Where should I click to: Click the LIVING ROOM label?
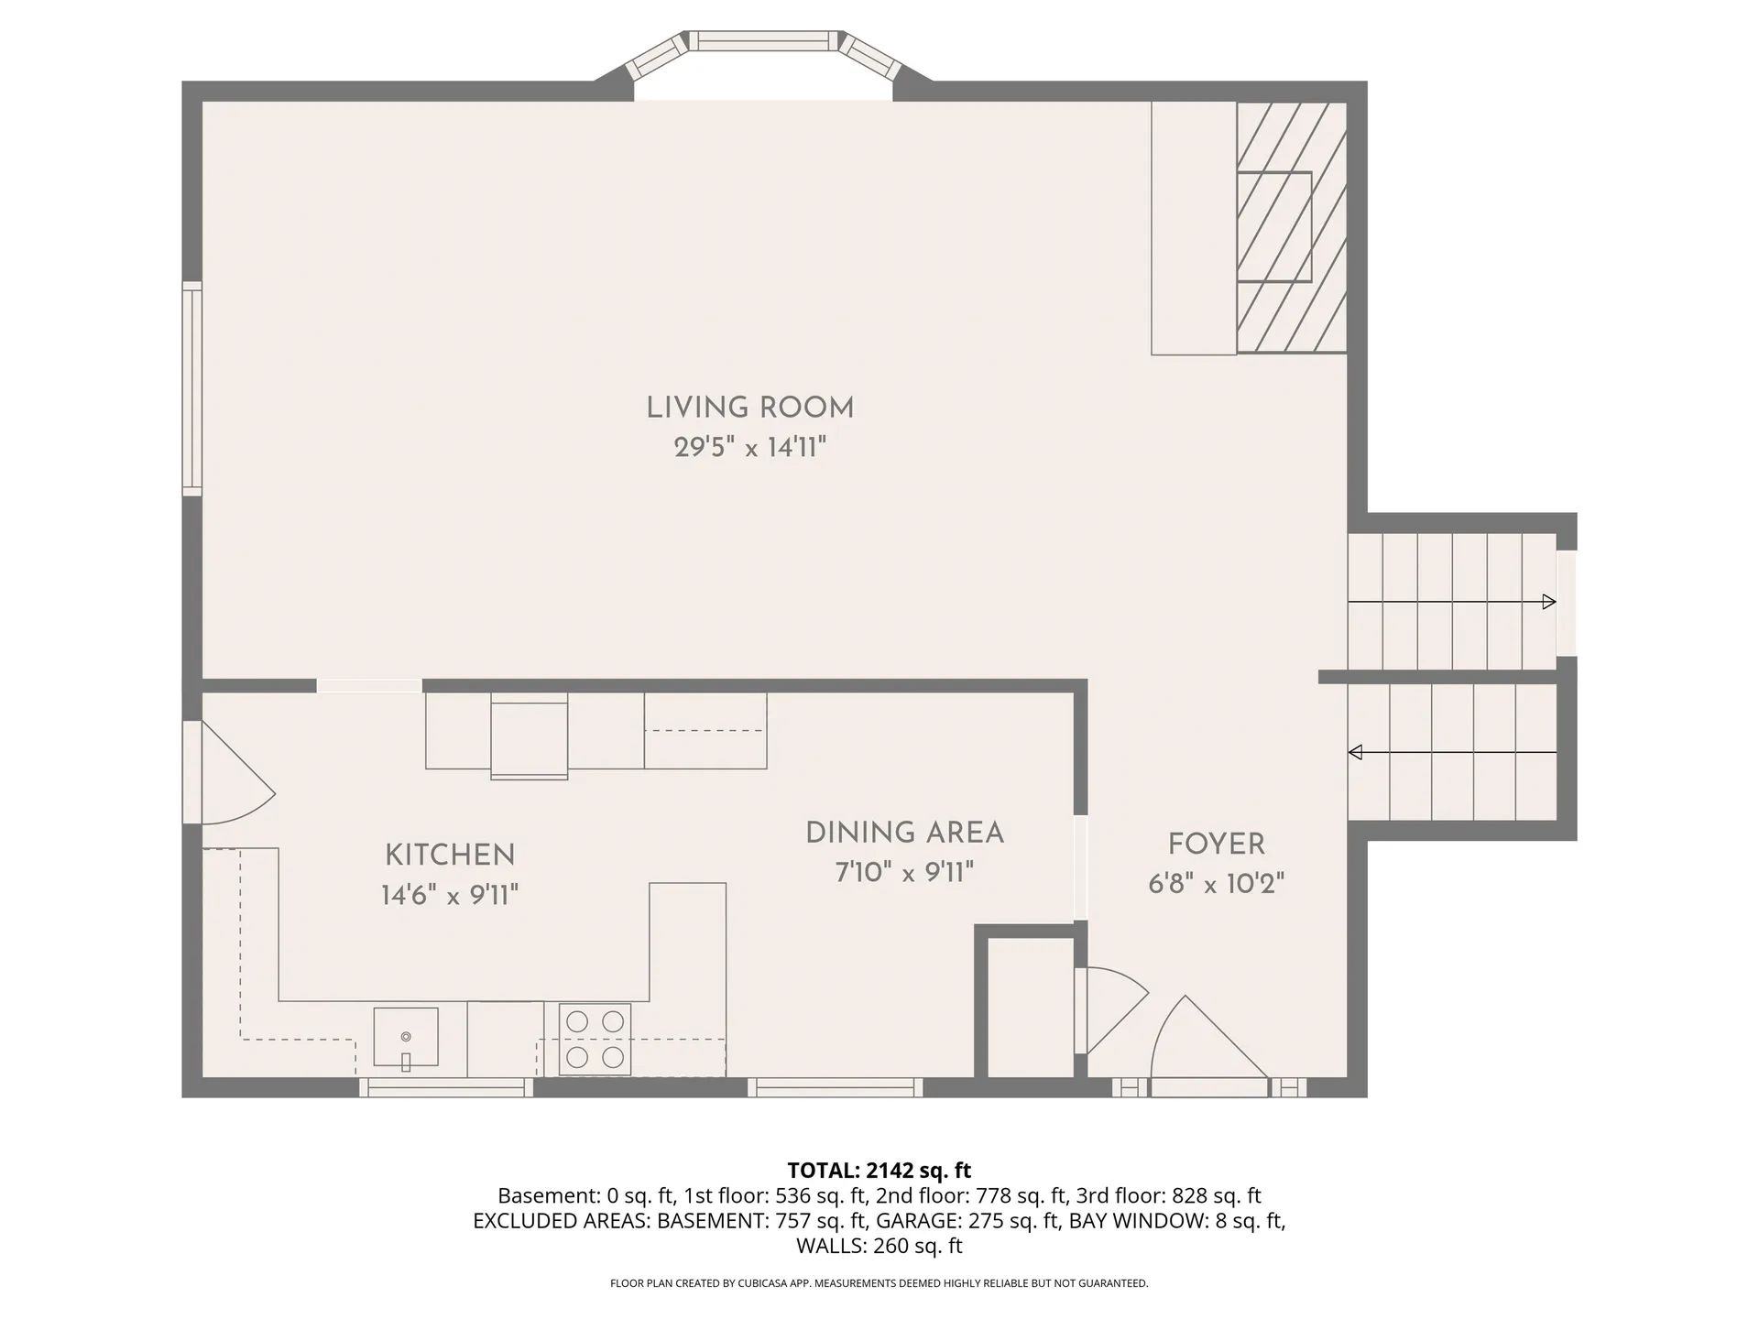[x=749, y=409]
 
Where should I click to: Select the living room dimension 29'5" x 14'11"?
[x=749, y=448]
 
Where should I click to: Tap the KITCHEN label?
[x=450, y=856]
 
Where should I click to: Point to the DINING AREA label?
[x=904, y=834]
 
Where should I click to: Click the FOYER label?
[x=1216, y=845]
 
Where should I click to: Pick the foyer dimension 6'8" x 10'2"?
[x=1216, y=884]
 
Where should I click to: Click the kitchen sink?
[x=405, y=1038]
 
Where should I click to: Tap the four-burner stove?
[x=595, y=1039]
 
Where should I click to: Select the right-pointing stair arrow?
[x=1548, y=602]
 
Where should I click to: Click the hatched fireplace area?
[x=1291, y=227]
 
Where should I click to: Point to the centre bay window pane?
[x=763, y=41]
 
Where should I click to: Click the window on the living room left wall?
[x=191, y=389]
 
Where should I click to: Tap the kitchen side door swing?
[x=234, y=774]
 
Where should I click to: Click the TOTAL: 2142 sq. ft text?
[x=879, y=1170]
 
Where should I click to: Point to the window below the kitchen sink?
[x=445, y=1087]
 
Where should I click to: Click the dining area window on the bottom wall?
[x=835, y=1087]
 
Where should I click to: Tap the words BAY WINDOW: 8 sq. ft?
[x=1176, y=1220]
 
